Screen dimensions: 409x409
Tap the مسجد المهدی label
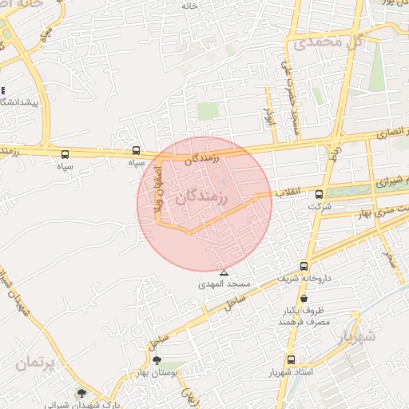228,284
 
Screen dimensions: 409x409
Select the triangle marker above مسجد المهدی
224,272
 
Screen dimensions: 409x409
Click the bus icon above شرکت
320,194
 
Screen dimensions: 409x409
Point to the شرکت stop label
320,206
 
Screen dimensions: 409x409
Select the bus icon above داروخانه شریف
304,266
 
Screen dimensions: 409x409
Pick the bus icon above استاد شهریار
290,360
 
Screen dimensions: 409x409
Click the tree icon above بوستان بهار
157,361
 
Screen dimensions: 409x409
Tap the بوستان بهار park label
157,373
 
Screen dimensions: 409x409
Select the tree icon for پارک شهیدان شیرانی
81,393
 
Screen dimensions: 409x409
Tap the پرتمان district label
34,363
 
